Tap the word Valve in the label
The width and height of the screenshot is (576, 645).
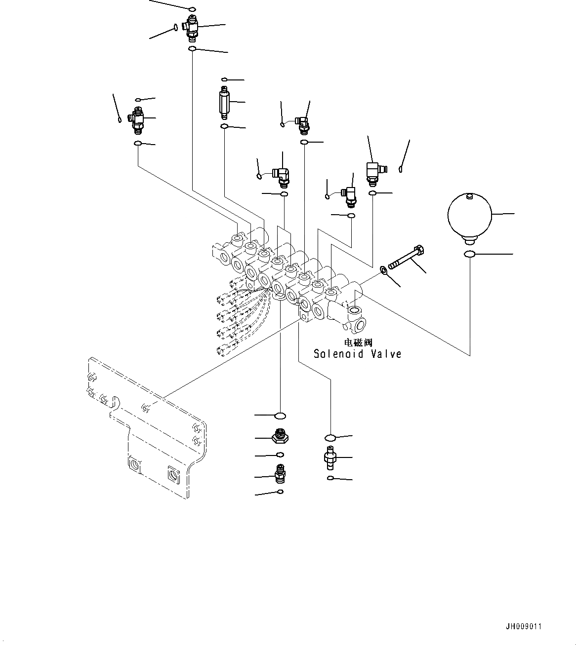click(385, 354)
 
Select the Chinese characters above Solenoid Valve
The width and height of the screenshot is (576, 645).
click(358, 342)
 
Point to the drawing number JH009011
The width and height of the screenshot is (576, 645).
click(523, 626)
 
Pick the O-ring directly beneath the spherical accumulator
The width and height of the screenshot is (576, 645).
click(469, 254)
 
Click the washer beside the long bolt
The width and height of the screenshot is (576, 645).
click(383, 269)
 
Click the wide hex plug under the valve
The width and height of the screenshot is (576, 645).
click(280, 436)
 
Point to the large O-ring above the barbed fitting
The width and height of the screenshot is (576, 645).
click(330, 438)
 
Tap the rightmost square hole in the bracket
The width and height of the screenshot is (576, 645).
click(173, 473)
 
